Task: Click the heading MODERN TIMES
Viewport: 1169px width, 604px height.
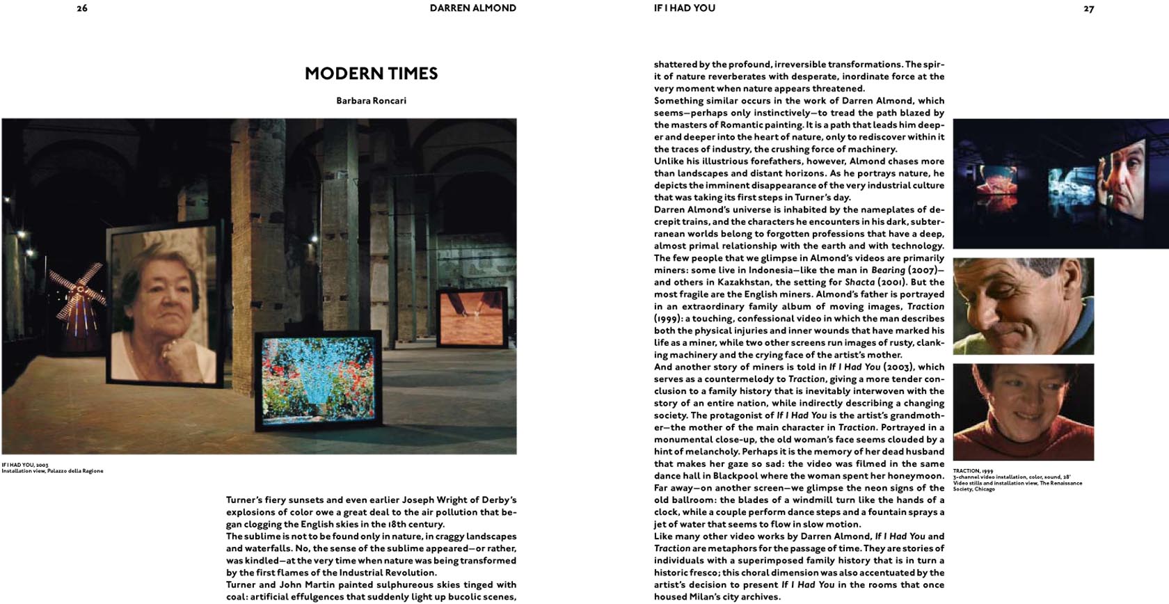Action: point(371,74)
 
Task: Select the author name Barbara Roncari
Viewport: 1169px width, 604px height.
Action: point(371,101)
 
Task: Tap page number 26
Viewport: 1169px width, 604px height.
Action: point(82,9)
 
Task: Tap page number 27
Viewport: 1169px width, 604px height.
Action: point(1088,9)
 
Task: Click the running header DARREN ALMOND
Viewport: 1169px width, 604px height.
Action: point(472,8)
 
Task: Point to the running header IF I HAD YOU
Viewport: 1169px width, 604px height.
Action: point(684,8)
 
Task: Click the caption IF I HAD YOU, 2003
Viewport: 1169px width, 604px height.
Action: point(25,465)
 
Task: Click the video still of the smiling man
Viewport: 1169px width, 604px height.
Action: point(1023,306)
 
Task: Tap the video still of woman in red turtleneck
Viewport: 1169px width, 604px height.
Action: point(1023,412)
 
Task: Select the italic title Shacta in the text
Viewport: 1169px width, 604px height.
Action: point(859,283)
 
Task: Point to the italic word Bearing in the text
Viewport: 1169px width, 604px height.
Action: point(888,270)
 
